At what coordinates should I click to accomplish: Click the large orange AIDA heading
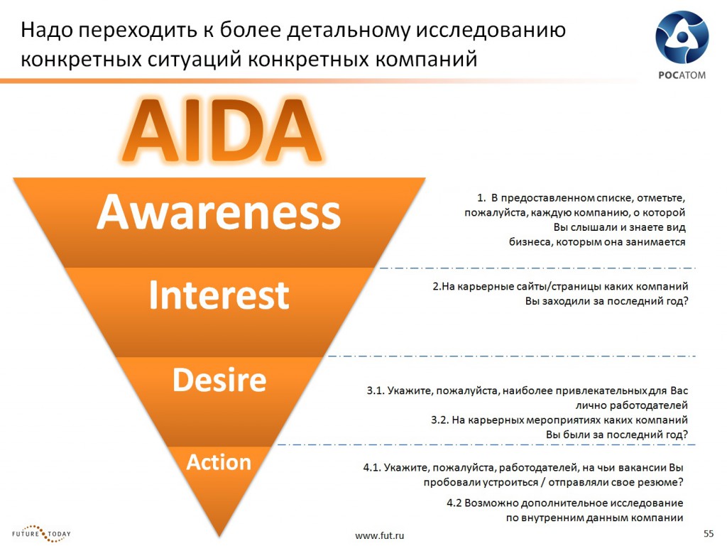tap(222, 129)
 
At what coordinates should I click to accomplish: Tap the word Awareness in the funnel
tap(219, 212)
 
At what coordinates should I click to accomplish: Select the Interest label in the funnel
tap(219, 295)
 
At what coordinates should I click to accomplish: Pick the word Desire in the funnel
tap(219, 380)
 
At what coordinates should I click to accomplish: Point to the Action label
tap(219, 462)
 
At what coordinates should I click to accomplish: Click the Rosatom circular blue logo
tap(682, 38)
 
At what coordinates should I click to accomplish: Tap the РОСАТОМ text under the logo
tap(682, 75)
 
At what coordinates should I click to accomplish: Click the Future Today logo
tap(41, 533)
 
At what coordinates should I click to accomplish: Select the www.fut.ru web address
tap(379, 536)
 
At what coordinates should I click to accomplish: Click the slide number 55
tap(709, 533)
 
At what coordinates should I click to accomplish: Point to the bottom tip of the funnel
tap(219, 537)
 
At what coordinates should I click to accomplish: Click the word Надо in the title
tap(46, 30)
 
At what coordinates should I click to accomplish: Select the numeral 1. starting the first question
tap(481, 198)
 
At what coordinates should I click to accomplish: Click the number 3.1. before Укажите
tap(375, 391)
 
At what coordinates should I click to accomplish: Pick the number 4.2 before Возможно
tap(454, 503)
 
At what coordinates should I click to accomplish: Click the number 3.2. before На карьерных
tap(439, 420)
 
